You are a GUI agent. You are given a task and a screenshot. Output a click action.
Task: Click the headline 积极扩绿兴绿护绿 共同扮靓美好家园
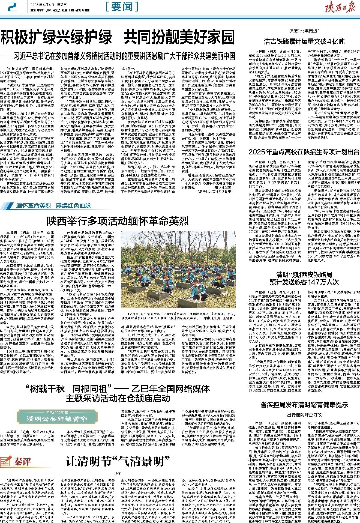(118, 38)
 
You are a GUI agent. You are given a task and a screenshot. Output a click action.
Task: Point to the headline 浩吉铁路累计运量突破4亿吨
(304, 42)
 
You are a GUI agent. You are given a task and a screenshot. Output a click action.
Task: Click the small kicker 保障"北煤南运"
(304, 31)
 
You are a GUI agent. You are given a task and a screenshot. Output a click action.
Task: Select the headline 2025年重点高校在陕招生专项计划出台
(304, 152)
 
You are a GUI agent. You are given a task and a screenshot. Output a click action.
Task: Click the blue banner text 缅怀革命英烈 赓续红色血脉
(53, 205)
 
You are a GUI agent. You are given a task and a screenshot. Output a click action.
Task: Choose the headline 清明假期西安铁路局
(304, 274)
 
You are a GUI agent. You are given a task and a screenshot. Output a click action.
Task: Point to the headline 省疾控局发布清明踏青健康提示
(304, 405)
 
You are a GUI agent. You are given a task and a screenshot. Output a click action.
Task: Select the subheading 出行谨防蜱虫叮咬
(304, 415)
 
